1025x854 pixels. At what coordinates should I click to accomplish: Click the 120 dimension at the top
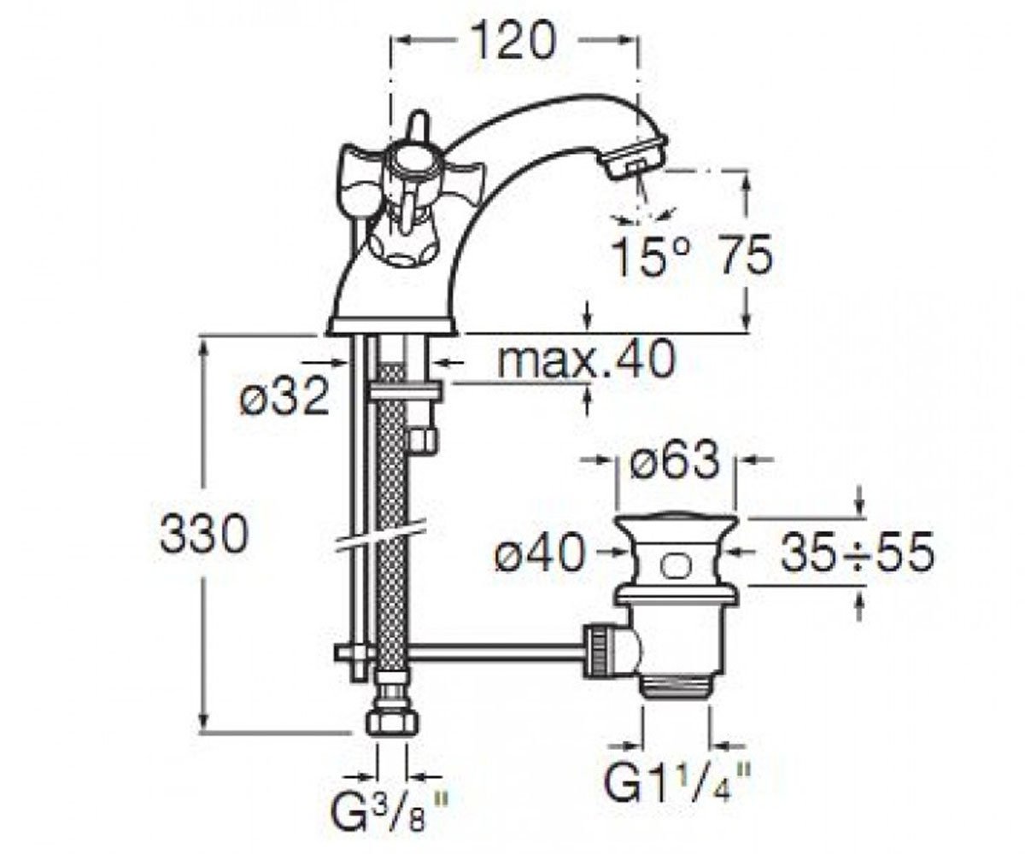[513, 41]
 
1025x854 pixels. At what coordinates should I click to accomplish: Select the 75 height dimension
[745, 255]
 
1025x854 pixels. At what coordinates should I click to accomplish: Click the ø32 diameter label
[284, 396]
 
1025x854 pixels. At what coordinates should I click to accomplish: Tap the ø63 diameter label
[675, 461]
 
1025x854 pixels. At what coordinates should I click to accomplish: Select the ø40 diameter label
[541, 553]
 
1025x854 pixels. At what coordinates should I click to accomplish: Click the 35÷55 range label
[857, 553]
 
